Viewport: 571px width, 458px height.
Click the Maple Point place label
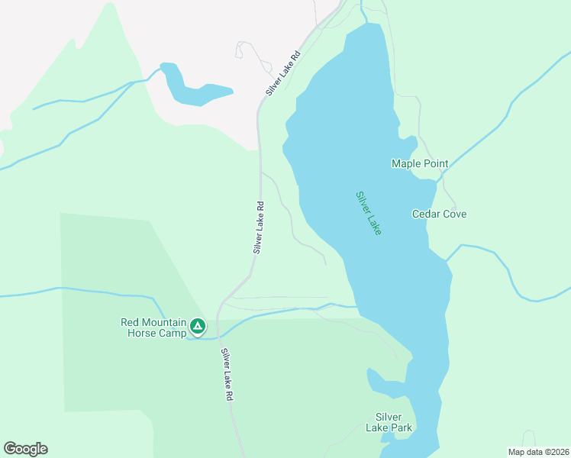pos(419,163)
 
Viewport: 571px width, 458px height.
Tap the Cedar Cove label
pos(439,214)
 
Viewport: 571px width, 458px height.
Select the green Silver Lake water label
pos(368,212)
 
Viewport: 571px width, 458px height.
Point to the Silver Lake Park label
pos(393,422)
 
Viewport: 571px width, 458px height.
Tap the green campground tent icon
pos(198,327)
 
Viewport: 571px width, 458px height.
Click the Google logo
pos(25,449)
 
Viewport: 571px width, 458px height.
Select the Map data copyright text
pos(538,452)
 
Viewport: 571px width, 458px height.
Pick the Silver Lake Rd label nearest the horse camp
pos(227,375)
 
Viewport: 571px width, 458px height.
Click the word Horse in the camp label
pos(137,334)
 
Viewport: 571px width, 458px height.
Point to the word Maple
pos(406,163)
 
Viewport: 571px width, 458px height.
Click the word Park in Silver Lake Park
pos(401,427)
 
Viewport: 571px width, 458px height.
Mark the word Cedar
pos(425,214)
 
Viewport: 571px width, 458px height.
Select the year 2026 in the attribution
pos(557,452)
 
